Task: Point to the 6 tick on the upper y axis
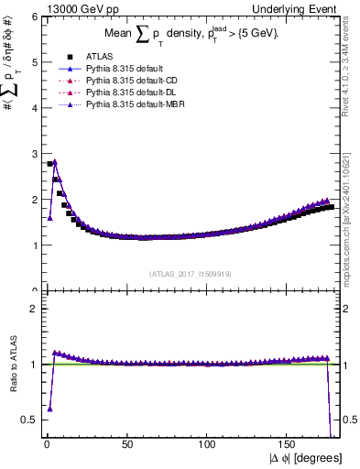pos(33,17)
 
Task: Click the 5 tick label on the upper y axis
pos(33,62)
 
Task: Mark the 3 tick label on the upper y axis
pos(33,154)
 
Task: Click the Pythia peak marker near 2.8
pos(54,162)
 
